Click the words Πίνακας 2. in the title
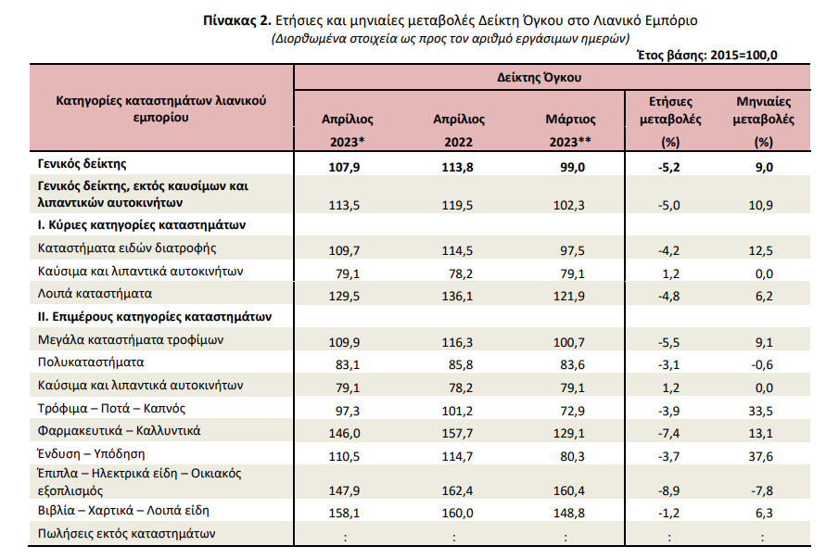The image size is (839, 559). pos(237,21)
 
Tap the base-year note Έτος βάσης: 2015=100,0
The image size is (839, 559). pos(706,55)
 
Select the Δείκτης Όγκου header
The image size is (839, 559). pos(539,78)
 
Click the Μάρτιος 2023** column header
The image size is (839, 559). pos(570,130)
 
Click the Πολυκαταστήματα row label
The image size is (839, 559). pos(91,362)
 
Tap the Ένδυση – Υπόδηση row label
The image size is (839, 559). pos(91,454)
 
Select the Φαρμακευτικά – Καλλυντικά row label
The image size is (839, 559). pos(119,431)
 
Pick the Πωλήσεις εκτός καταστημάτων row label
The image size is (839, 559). pos(126,534)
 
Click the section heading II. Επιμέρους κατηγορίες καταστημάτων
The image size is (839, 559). pos(155,317)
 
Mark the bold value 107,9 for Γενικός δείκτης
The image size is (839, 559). pos(344,168)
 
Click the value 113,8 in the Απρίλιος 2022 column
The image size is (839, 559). pos(457,168)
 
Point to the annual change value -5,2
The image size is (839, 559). pos(668,168)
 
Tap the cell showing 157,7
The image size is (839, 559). pos(457,434)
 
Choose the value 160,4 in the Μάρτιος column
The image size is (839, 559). pos(569,491)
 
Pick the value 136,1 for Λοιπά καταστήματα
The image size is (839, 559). pos(457,297)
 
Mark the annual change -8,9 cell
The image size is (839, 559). pos(668,491)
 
